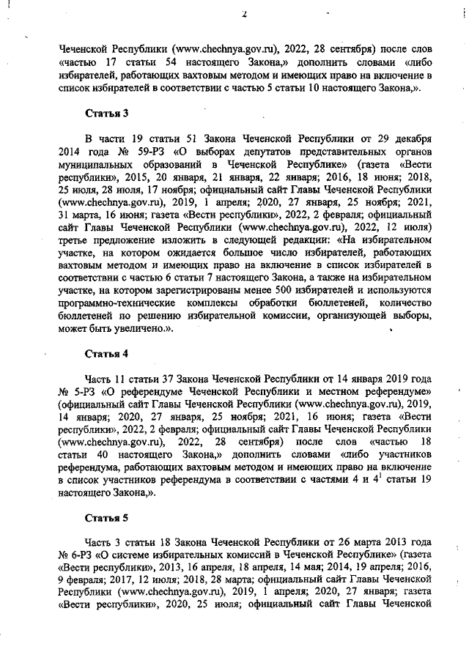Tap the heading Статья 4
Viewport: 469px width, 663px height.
(x=108, y=354)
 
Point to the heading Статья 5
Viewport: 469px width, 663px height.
(x=108, y=518)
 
